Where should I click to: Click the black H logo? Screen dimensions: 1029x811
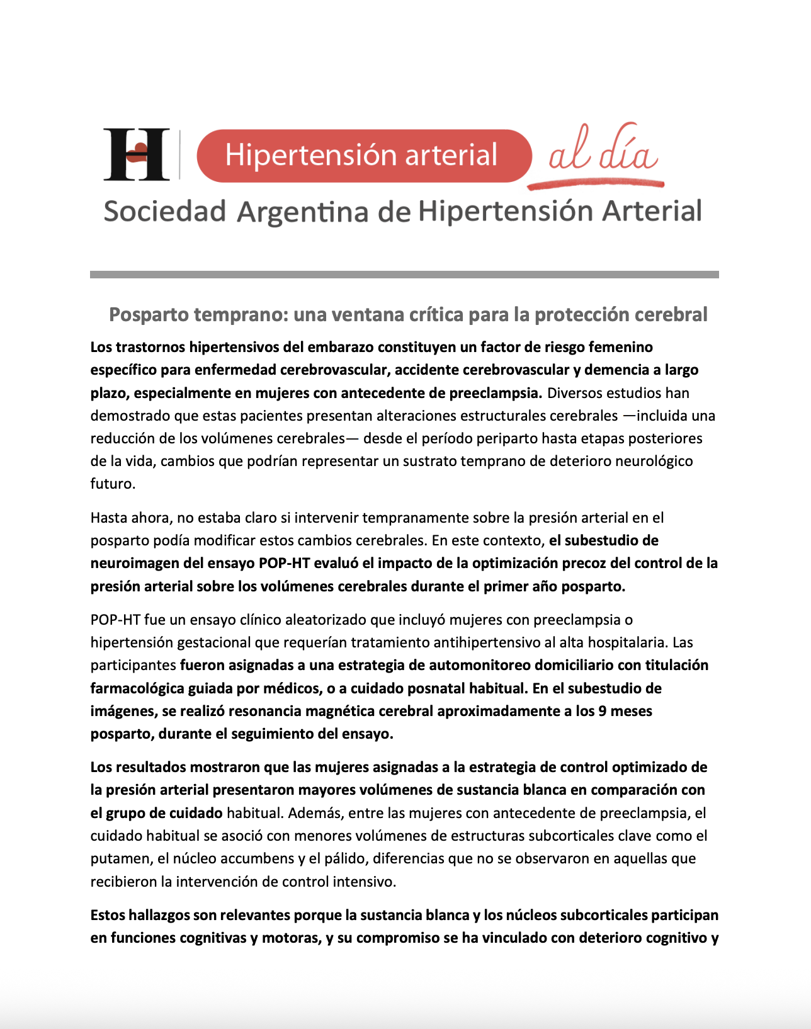(137, 154)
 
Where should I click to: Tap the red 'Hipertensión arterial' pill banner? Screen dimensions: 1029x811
(363, 156)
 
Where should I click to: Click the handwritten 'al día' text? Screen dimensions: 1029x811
(603, 151)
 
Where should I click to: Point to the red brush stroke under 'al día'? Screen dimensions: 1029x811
(596, 184)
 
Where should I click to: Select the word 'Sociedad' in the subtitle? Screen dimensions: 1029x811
(164, 212)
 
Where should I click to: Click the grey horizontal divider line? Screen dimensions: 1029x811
(404, 275)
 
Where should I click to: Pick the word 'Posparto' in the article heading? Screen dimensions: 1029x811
(149, 314)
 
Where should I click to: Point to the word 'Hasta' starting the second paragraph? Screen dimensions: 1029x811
(109, 518)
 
